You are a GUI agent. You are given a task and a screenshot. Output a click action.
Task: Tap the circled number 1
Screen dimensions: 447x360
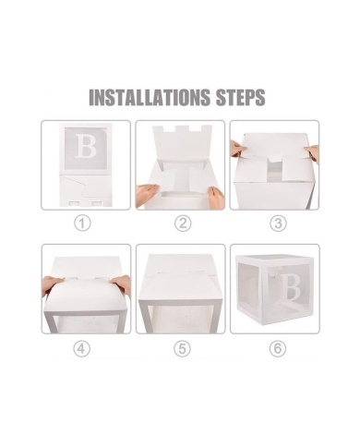tap(84, 223)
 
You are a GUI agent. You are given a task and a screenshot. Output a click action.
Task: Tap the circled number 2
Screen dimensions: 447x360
tap(182, 223)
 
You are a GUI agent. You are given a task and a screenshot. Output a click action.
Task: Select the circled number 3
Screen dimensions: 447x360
tap(277, 223)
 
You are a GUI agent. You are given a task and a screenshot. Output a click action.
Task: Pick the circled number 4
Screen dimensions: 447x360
tap(84, 347)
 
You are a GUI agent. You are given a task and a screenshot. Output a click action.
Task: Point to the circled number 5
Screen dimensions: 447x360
tap(182, 347)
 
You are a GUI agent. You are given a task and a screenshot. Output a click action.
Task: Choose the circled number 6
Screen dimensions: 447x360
tap(277, 347)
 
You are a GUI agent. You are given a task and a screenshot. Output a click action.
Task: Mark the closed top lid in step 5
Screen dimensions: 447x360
tap(180, 268)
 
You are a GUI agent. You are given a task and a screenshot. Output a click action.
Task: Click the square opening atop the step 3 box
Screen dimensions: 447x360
tap(275, 171)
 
